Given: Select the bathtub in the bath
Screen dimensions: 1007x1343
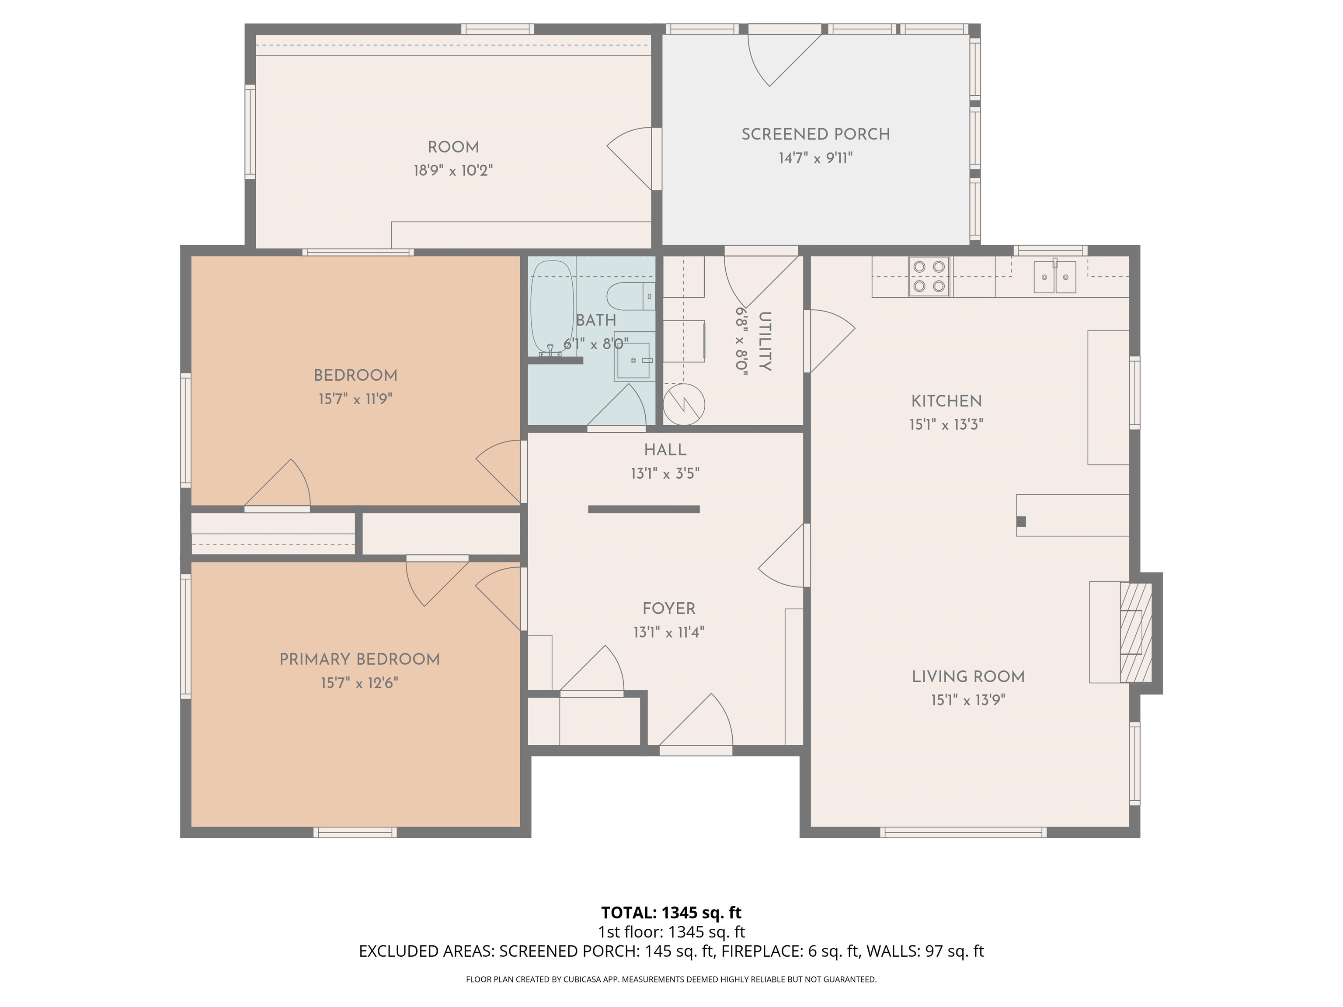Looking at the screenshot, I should (x=551, y=309).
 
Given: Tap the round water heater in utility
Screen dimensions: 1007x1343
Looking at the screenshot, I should (x=684, y=404).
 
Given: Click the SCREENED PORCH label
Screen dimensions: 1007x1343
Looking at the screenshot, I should (x=815, y=134).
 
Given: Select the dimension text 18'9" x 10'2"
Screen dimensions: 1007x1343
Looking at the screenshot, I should (x=453, y=170).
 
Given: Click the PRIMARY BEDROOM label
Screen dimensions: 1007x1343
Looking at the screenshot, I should (x=359, y=659).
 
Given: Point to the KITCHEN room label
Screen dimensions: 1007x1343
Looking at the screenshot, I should (x=946, y=401).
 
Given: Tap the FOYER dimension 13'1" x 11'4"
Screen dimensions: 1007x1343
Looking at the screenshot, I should (x=668, y=632).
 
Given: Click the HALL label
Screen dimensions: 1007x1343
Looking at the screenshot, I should (x=665, y=450).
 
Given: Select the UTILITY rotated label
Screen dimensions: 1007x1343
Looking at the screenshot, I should (x=764, y=341).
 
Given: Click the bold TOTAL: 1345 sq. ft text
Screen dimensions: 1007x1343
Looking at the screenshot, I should (x=671, y=912).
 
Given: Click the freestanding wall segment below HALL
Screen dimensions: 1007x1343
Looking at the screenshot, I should (x=644, y=509).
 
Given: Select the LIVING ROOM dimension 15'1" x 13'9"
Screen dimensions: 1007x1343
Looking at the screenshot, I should (x=968, y=700).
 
